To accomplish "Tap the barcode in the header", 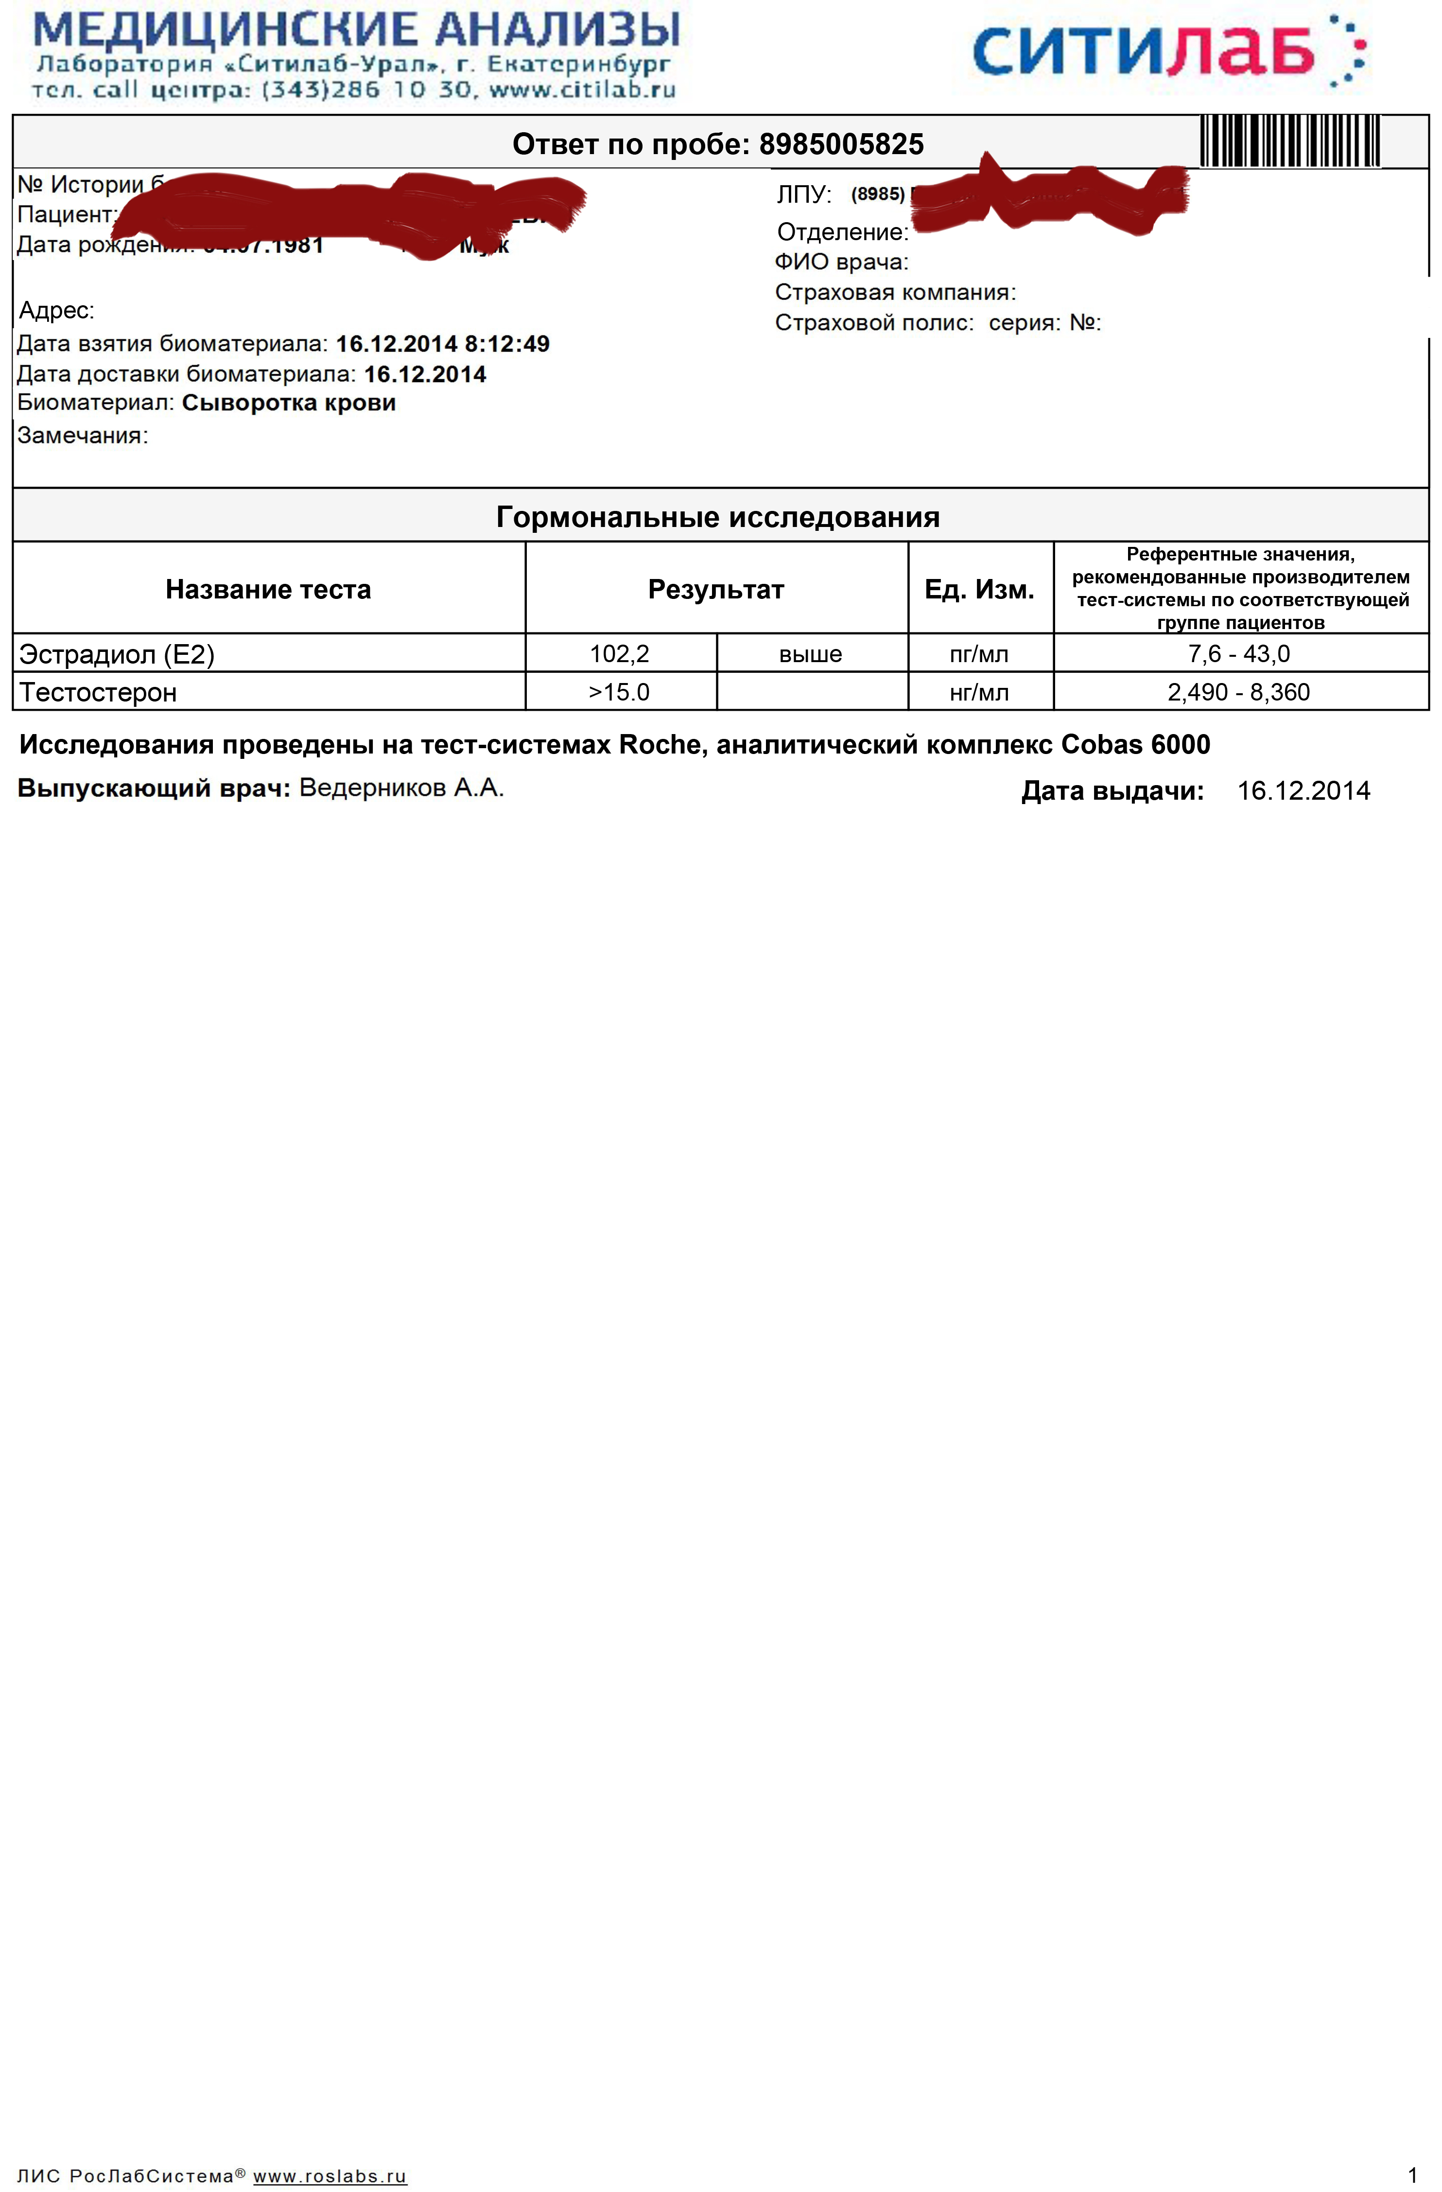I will point(1289,141).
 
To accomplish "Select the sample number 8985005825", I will point(841,144).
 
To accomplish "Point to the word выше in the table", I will point(810,655).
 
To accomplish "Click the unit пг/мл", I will point(979,655).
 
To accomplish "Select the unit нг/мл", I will point(979,693).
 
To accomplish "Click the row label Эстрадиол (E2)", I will point(117,655).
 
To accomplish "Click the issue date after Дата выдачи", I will point(1303,791).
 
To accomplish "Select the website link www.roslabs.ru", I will point(330,2176).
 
